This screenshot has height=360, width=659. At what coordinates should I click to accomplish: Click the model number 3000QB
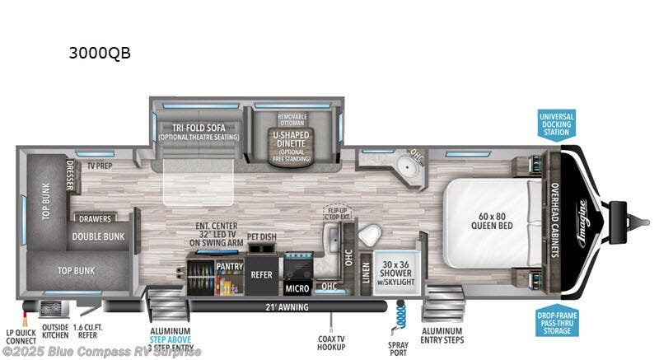coord(100,54)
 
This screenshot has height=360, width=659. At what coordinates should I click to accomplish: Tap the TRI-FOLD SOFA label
coord(195,131)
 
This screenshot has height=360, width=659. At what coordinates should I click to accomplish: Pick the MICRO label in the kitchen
coord(297,288)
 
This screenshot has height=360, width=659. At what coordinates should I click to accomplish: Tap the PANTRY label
coord(228,267)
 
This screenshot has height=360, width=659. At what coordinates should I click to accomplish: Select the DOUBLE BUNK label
coord(98,236)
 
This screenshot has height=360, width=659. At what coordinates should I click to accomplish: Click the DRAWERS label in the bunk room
coord(96,218)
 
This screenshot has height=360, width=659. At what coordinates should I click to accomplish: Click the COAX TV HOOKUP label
coord(332,340)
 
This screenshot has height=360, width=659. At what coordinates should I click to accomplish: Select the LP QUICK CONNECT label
coord(21,339)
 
